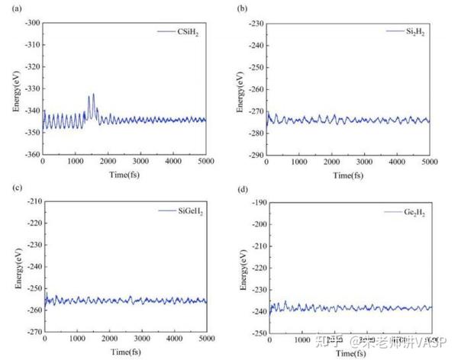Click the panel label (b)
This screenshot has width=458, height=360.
pos(242,8)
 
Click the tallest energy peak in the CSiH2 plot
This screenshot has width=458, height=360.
pos(94,95)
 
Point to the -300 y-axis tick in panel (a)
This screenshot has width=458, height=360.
pos(31,24)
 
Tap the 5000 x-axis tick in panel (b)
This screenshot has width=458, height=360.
pos(430,162)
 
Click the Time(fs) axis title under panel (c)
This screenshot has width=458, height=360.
pos(125,352)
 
